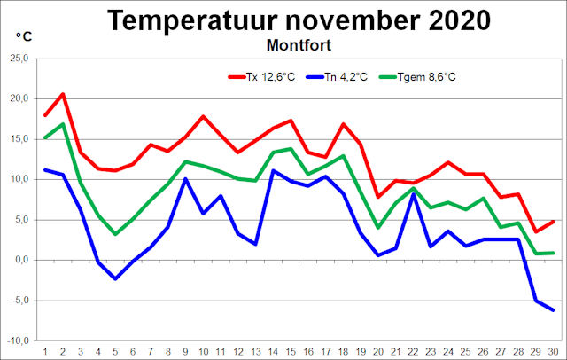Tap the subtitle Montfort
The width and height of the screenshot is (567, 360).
(301, 43)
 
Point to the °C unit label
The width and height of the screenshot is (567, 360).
(25, 36)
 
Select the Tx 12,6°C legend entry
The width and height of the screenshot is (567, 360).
(266, 77)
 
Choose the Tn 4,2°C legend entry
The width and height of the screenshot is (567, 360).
(355, 77)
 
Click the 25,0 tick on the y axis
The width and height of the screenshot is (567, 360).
(17, 59)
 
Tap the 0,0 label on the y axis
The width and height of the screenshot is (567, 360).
(20, 260)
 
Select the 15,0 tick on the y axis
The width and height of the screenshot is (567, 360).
(17, 139)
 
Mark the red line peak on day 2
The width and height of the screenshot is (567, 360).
(62, 93)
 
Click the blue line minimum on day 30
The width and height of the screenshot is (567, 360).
(553, 310)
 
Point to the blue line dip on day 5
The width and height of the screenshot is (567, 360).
(115, 278)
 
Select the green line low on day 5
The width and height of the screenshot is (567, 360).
(115, 234)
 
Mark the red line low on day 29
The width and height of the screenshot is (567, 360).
(536, 231)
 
